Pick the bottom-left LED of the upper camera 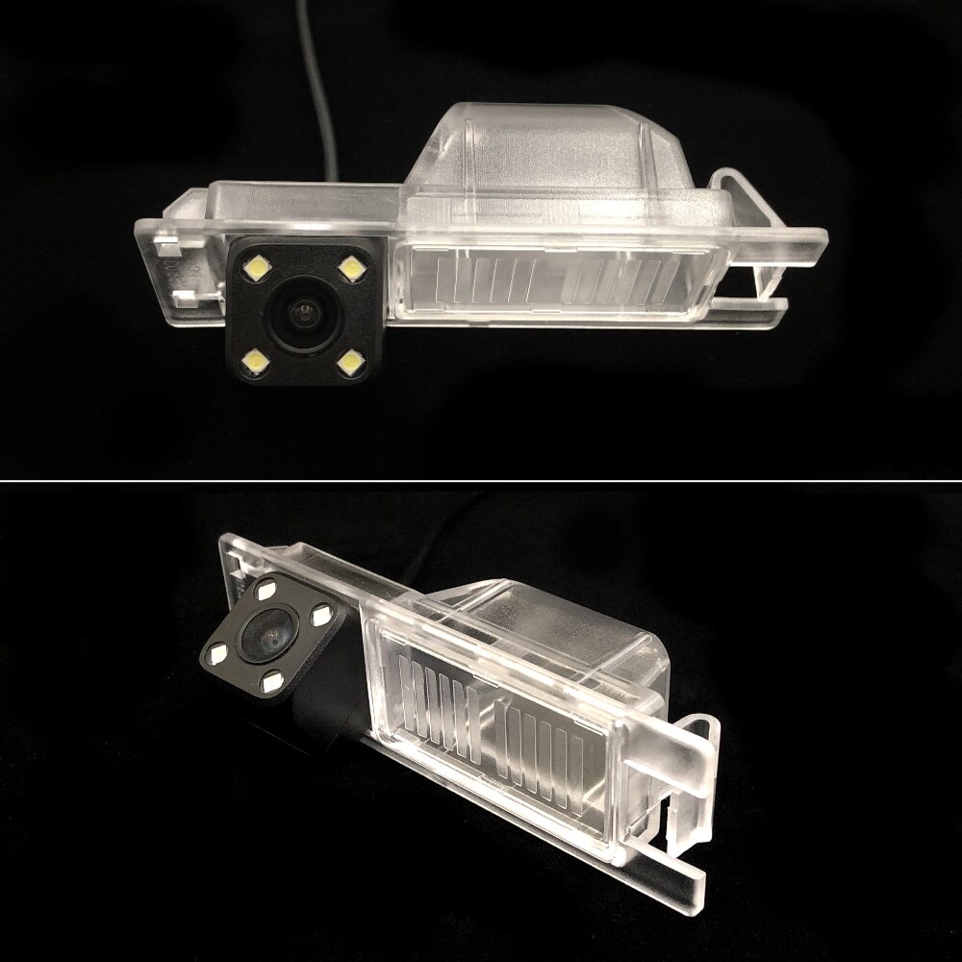pyautogui.click(x=257, y=361)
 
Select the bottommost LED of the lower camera pyautogui.click(x=273, y=682)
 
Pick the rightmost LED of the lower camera pyautogui.click(x=320, y=613)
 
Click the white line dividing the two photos pyautogui.click(x=481, y=479)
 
